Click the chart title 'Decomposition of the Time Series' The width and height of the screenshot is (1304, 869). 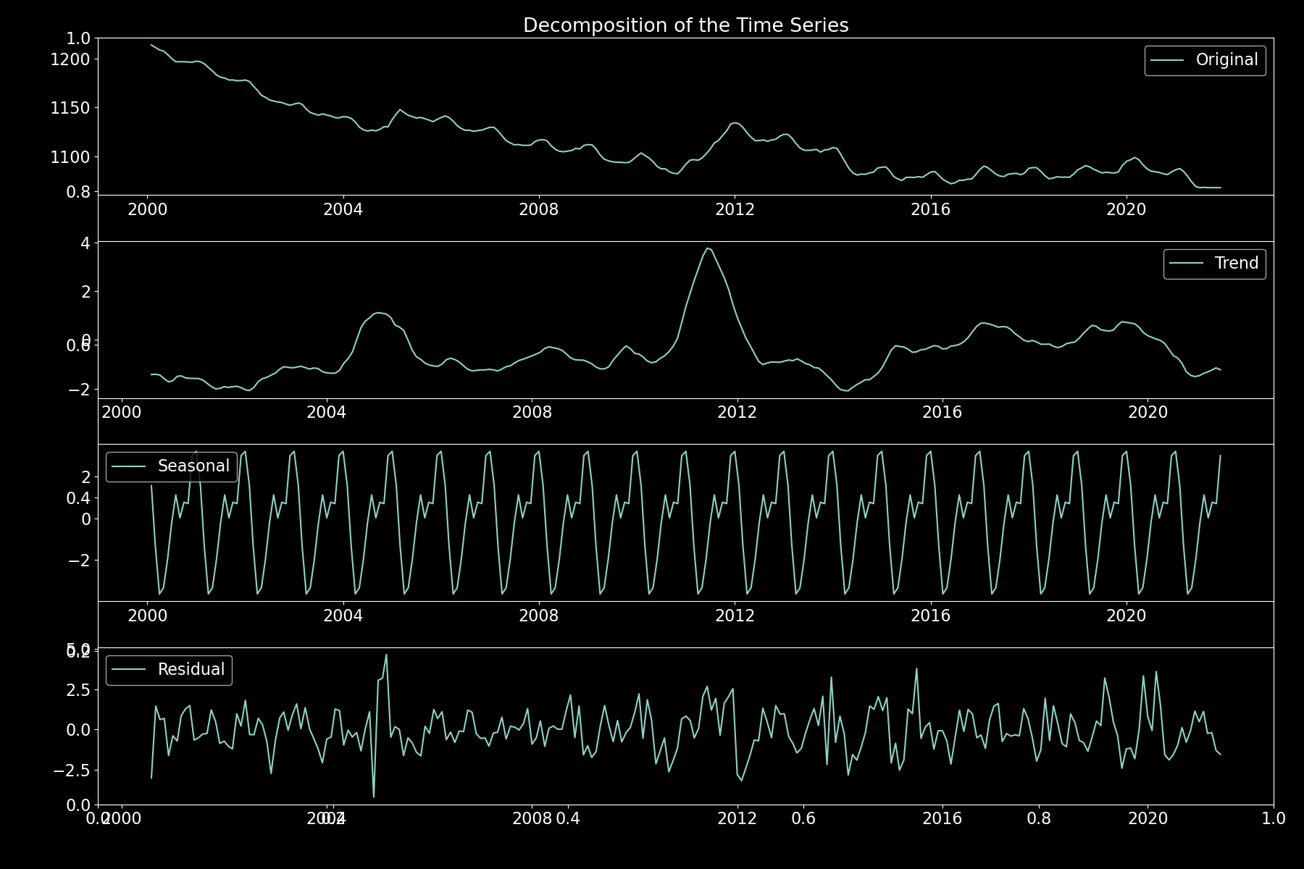point(685,25)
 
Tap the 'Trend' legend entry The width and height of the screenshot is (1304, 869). point(1236,264)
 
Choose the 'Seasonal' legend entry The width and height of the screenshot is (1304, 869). point(193,466)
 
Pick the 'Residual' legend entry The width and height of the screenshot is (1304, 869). point(191,670)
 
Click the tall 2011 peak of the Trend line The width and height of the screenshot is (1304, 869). point(707,248)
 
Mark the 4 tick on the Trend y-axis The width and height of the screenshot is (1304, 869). point(85,243)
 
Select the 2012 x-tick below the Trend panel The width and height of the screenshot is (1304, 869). point(737,413)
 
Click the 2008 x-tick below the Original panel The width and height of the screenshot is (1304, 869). point(538,210)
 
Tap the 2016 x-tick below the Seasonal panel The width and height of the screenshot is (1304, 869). point(930,616)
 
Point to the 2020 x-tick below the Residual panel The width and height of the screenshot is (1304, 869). point(1148,819)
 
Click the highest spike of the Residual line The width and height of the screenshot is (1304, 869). point(386,655)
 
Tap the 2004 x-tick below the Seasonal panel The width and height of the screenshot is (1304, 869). point(343,616)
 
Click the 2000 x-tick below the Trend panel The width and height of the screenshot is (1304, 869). point(122,413)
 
